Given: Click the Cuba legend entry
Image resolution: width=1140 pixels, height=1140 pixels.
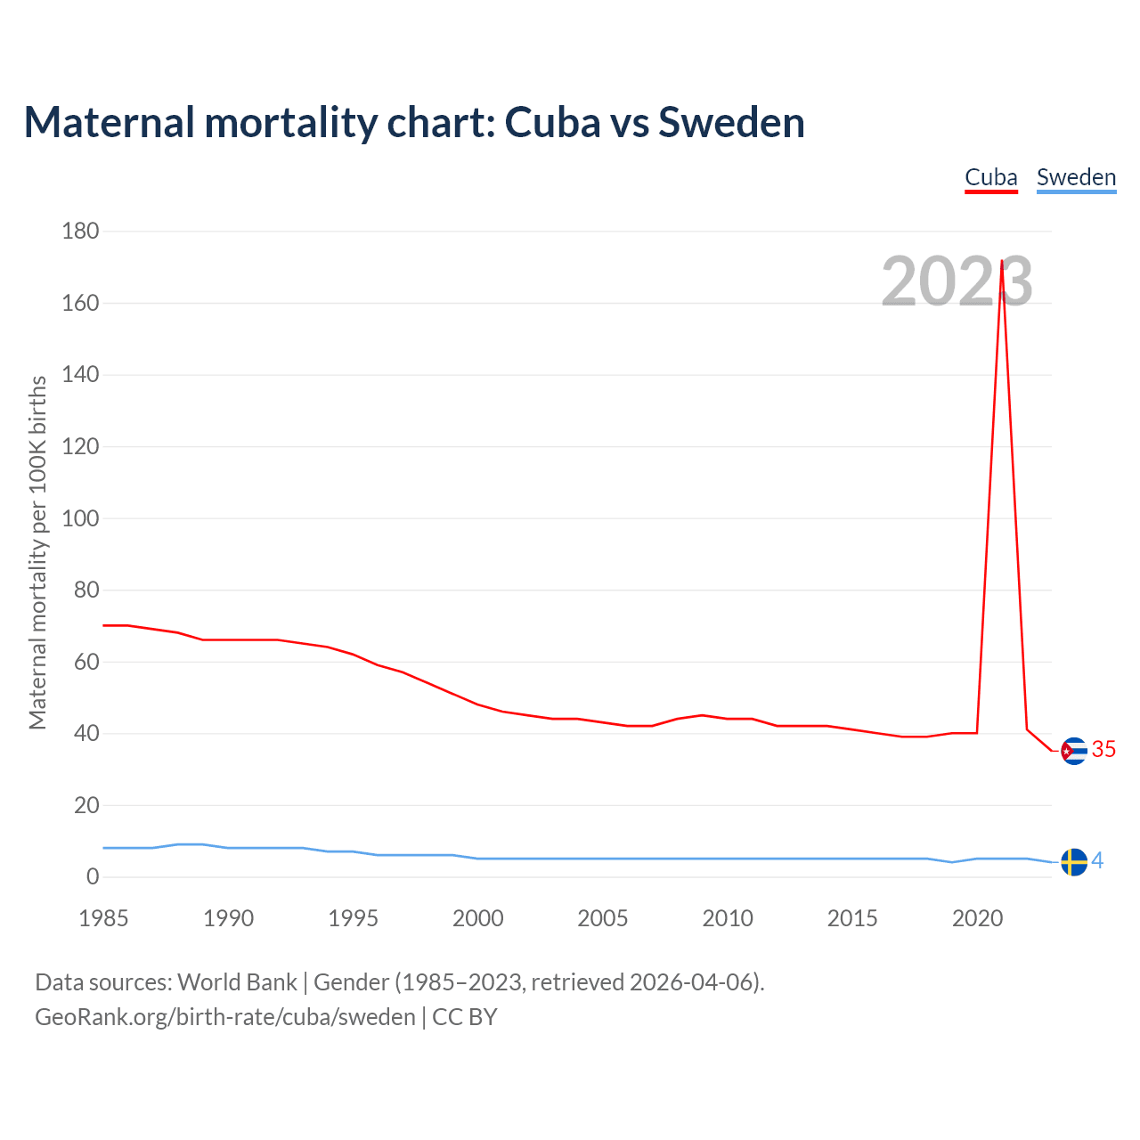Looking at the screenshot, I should click(x=991, y=177).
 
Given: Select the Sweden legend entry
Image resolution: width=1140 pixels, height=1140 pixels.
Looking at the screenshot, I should click(x=1076, y=177).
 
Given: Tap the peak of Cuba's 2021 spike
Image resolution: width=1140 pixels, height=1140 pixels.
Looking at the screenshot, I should click(x=1002, y=262).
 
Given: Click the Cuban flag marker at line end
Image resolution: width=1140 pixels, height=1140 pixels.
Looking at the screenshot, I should click(x=1074, y=751).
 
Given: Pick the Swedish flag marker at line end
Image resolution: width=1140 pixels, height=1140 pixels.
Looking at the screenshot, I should click(x=1074, y=862).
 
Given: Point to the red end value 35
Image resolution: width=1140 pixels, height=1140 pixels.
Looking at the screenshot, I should click(x=1103, y=750).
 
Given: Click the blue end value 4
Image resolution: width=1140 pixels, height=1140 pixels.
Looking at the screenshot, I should click(x=1097, y=860).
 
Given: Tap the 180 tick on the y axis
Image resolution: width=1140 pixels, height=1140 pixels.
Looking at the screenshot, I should click(x=80, y=232).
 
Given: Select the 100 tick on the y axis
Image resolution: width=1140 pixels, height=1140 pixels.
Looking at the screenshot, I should click(x=80, y=518).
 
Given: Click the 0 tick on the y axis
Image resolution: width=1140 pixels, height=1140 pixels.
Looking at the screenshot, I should click(x=93, y=877).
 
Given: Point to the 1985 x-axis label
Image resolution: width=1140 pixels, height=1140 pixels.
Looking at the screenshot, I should click(x=103, y=918).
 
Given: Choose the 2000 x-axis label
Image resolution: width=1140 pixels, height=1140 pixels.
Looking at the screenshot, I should click(x=478, y=918).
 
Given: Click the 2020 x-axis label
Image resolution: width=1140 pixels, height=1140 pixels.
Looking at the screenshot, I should click(x=977, y=918).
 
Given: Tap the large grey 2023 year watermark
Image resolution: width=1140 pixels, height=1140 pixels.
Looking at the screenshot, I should click(x=957, y=281).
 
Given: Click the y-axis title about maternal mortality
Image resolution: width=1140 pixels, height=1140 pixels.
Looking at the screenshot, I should click(x=37, y=552).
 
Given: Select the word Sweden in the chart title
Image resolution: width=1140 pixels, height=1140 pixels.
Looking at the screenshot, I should click(x=731, y=122).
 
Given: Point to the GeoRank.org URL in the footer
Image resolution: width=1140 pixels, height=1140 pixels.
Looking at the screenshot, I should click(x=225, y=1017).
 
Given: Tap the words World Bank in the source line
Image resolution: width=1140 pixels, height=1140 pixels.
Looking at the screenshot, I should click(x=237, y=982).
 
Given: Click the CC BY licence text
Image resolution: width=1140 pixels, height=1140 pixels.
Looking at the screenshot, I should click(x=465, y=1017).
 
